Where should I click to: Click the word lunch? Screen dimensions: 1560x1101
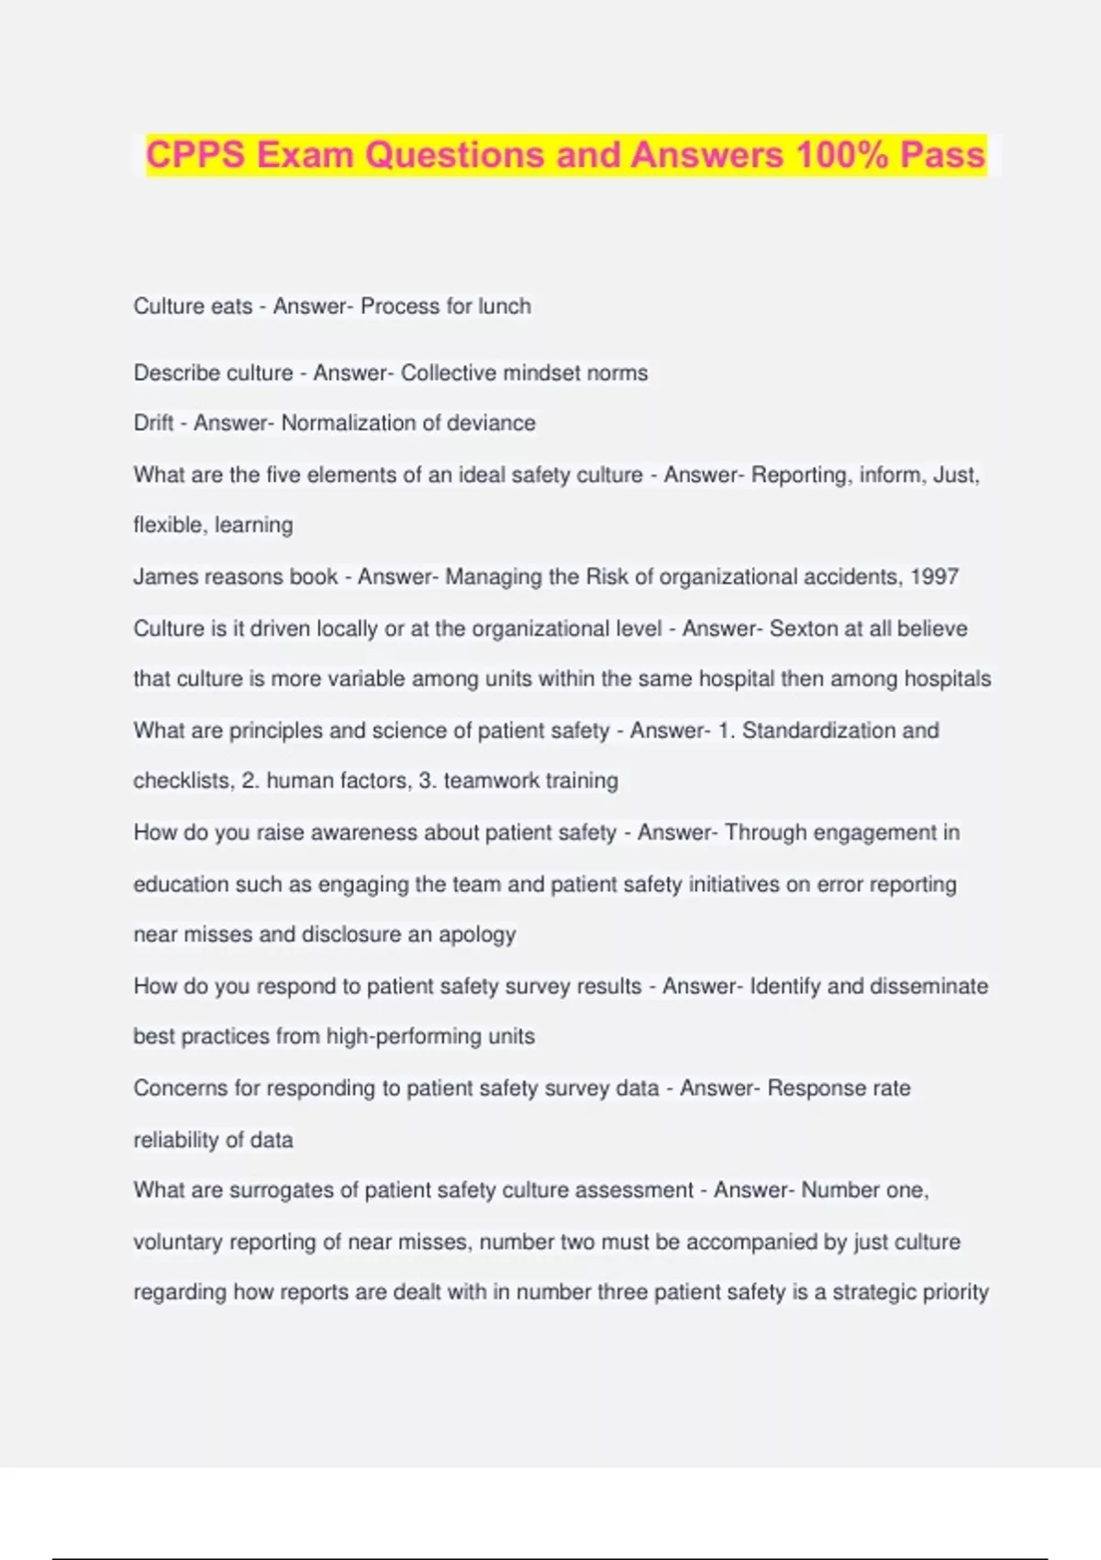coord(504,306)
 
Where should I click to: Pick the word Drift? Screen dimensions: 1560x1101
coord(153,423)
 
